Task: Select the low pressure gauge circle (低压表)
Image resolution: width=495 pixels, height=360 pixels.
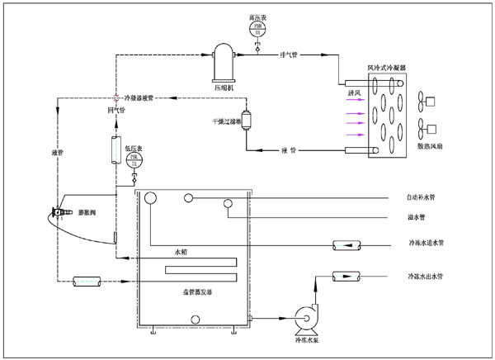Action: (135, 159)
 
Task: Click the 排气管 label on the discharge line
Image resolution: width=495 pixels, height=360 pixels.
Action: (290, 56)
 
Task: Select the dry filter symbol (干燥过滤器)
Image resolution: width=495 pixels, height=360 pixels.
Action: (245, 121)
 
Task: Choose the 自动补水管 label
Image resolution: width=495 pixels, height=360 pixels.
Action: (426, 198)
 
